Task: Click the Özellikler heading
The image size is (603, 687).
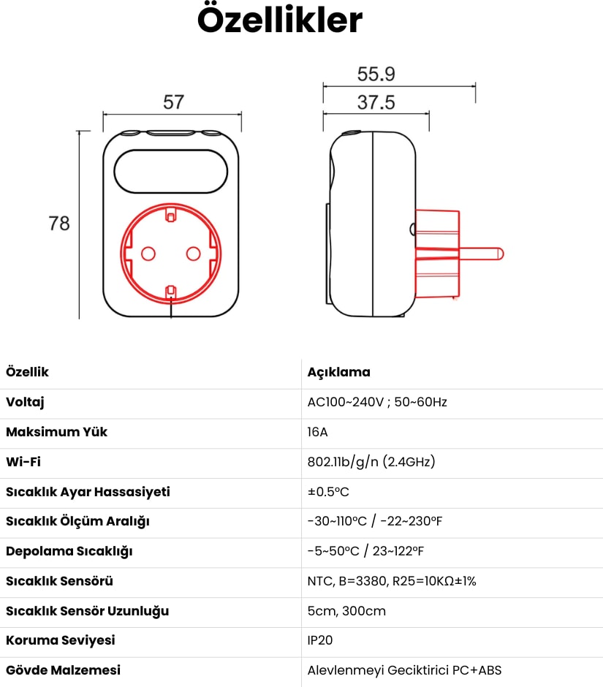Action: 280,20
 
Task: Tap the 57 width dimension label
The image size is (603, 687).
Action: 173,102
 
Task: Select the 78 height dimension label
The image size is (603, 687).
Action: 59,224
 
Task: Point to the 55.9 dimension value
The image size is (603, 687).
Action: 376,74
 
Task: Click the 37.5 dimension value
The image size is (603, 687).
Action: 376,102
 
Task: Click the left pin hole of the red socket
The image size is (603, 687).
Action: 148,254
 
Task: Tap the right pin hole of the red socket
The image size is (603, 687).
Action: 193,254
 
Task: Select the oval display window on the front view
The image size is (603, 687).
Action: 171,171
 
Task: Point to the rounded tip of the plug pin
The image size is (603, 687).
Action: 502,254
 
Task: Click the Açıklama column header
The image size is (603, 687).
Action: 338,372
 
